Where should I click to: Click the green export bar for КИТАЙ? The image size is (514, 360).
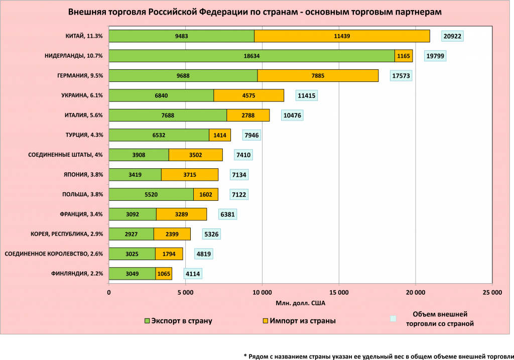pos(181,36)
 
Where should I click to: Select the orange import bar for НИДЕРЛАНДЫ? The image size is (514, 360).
pos(404,56)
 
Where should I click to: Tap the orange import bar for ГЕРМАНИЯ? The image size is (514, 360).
pos(318,76)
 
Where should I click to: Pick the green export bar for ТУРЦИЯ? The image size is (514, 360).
pos(159,135)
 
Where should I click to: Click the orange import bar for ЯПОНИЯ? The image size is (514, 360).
pos(189,175)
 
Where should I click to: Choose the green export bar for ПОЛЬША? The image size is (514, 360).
pos(151,194)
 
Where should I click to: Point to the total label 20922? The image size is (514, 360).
pos(452,36)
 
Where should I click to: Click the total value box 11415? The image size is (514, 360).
pos(307,95)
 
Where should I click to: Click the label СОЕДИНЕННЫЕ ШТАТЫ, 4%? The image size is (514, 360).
pos(65,155)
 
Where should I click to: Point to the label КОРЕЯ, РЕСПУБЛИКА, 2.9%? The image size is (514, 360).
pos(67,234)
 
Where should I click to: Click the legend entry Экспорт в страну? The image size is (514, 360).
pos(178,321)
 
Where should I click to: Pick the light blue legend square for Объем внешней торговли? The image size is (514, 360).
pos(394,318)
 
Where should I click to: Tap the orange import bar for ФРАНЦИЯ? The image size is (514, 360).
pos(181,214)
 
